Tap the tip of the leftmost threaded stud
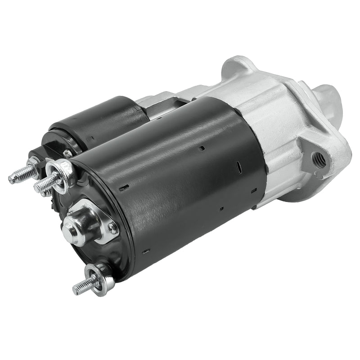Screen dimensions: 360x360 (12, 179)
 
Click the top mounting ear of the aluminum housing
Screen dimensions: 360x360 (238, 67)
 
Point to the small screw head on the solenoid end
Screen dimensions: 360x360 (67, 153)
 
